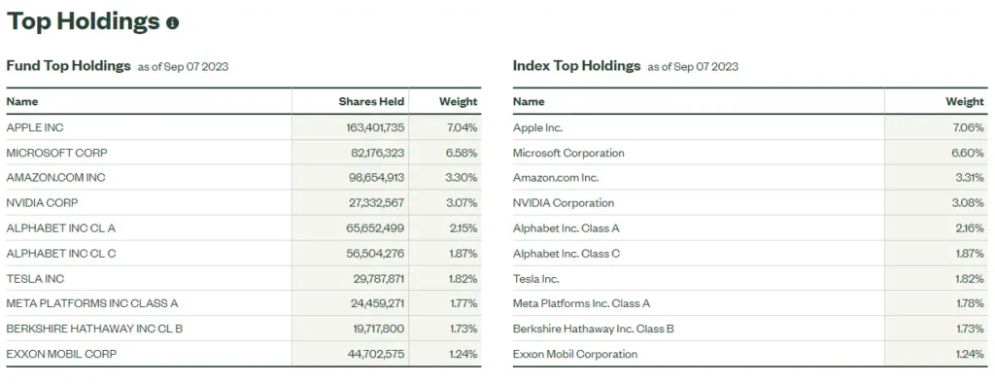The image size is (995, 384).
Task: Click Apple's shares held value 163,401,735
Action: point(371,127)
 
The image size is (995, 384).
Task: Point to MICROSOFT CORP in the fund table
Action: point(56,153)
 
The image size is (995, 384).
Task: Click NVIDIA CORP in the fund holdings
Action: point(42,203)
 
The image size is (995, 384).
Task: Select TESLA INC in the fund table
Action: point(34,278)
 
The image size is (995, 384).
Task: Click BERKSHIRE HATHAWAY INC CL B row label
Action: point(94,329)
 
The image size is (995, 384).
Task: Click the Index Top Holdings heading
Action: point(576,66)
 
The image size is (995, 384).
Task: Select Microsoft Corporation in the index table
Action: point(568,153)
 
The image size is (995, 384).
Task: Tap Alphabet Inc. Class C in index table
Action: point(566,254)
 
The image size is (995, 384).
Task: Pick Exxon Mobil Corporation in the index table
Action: point(575,354)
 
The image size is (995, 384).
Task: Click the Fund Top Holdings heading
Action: point(68,66)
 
